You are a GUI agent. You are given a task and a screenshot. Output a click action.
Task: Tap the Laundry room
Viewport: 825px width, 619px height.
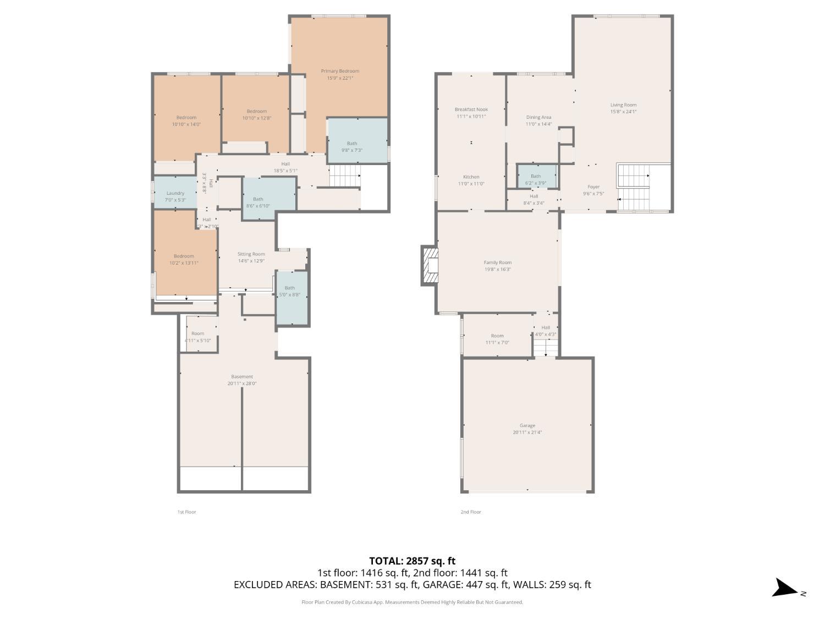click(175, 196)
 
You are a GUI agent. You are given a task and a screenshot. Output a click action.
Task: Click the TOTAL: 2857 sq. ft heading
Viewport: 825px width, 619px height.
click(412, 561)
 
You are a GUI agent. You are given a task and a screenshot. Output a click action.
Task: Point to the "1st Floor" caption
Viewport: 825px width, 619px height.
click(186, 512)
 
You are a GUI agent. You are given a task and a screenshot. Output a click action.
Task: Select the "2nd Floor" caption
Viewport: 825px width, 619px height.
click(471, 512)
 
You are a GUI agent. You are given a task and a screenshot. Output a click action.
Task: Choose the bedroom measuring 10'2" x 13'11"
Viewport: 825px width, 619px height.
click(183, 259)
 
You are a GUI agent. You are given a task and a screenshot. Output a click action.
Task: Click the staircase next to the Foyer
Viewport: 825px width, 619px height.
click(634, 187)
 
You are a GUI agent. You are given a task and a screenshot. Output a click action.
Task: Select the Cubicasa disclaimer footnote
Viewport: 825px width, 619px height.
click(412, 602)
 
